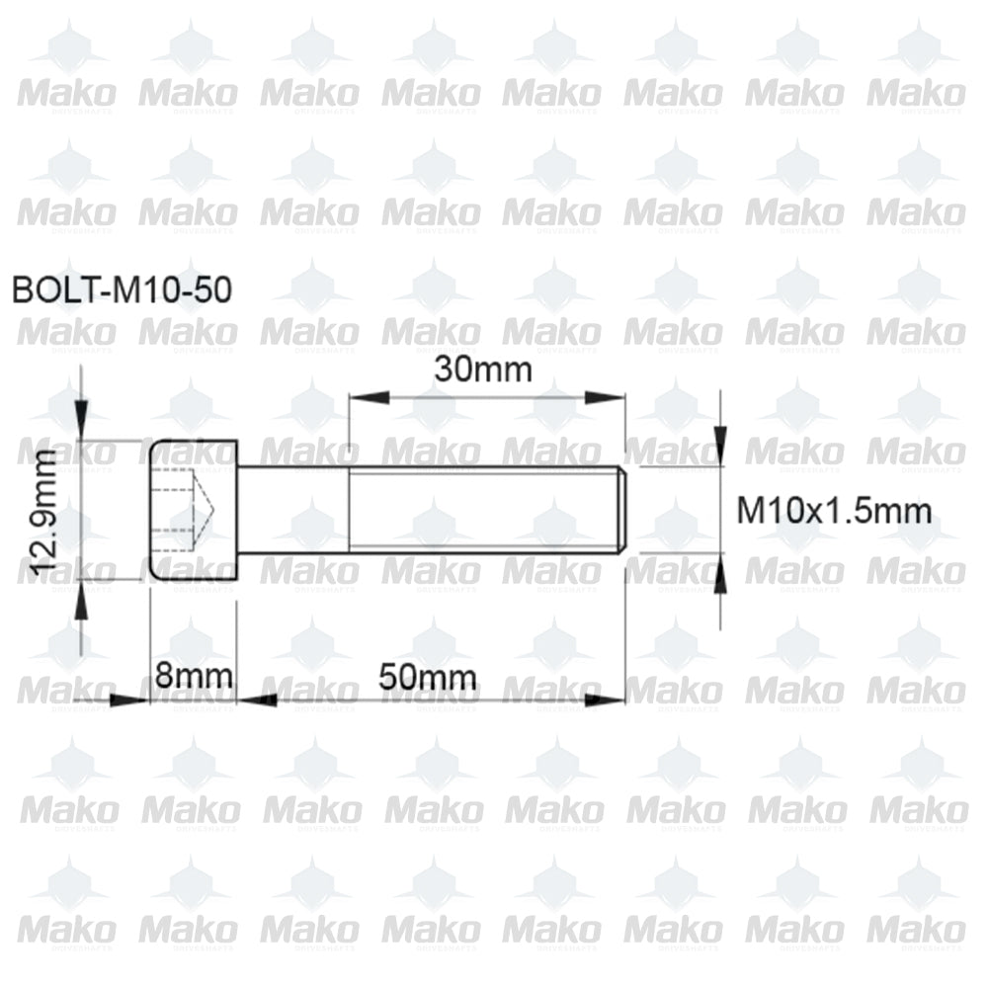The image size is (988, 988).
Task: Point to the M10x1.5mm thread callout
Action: coord(835,511)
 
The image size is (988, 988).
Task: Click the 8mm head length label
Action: coord(194,678)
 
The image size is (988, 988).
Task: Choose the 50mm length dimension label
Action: coord(428,678)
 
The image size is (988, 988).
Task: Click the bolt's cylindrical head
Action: coord(194,510)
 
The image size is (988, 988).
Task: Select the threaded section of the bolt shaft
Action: coord(484,510)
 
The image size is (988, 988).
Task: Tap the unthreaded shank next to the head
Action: coord(292,510)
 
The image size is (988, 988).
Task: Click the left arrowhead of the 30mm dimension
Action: coord(362,398)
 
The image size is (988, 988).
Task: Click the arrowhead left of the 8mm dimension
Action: coord(134,700)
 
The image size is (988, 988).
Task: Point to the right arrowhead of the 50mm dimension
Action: coord(612,700)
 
